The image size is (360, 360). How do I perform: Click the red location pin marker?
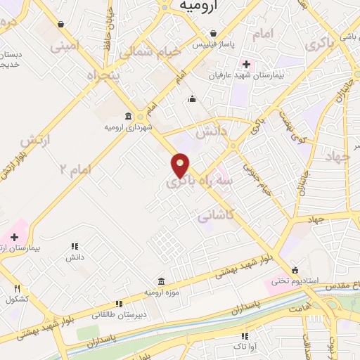[x=181, y=165]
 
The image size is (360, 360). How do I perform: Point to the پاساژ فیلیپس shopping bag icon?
[x=213, y=33]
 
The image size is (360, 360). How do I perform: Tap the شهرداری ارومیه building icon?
[x=127, y=116]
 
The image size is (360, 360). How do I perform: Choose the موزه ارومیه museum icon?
[x=161, y=281]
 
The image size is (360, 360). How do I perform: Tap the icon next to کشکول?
[x=18, y=288]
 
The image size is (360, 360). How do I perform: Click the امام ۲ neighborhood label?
[x=75, y=169]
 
